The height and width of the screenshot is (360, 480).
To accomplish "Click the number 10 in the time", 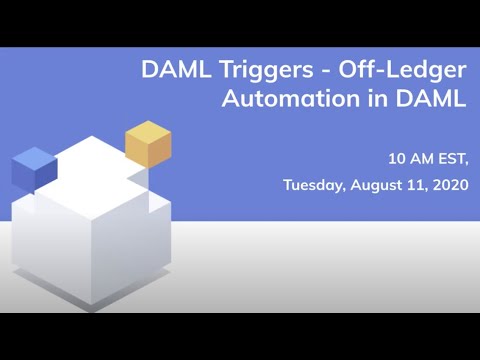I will (x=397, y=158).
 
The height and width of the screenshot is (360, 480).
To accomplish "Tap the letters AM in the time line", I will (x=420, y=158).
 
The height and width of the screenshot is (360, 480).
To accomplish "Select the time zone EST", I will (x=449, y=158).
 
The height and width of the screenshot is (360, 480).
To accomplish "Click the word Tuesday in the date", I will (x=314, y=184).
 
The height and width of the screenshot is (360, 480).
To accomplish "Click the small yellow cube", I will (x=148, y=143).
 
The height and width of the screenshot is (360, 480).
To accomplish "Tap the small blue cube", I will (x=33, y=167).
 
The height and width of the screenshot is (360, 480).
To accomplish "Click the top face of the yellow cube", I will (x=148, y=131).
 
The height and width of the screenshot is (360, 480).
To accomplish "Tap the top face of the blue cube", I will (x=33, y=156).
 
